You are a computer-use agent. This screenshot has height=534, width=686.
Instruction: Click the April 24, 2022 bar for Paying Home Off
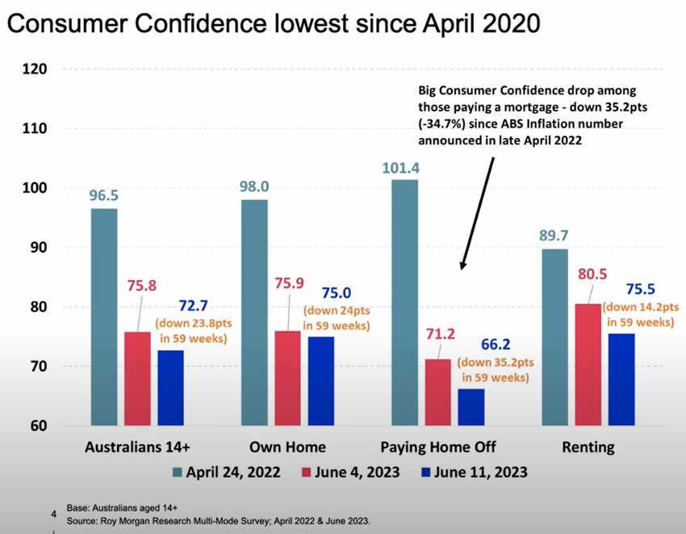coord(404,302)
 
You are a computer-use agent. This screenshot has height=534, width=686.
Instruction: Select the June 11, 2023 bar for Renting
coord(622,379)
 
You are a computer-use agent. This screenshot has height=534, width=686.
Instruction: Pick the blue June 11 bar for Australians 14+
coord(171,387)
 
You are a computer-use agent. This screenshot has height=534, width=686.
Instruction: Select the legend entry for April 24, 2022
coord(225,473)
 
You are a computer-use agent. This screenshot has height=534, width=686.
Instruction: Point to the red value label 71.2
coord(438,335)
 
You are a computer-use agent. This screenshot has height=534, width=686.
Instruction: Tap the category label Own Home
coord(288,447)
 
